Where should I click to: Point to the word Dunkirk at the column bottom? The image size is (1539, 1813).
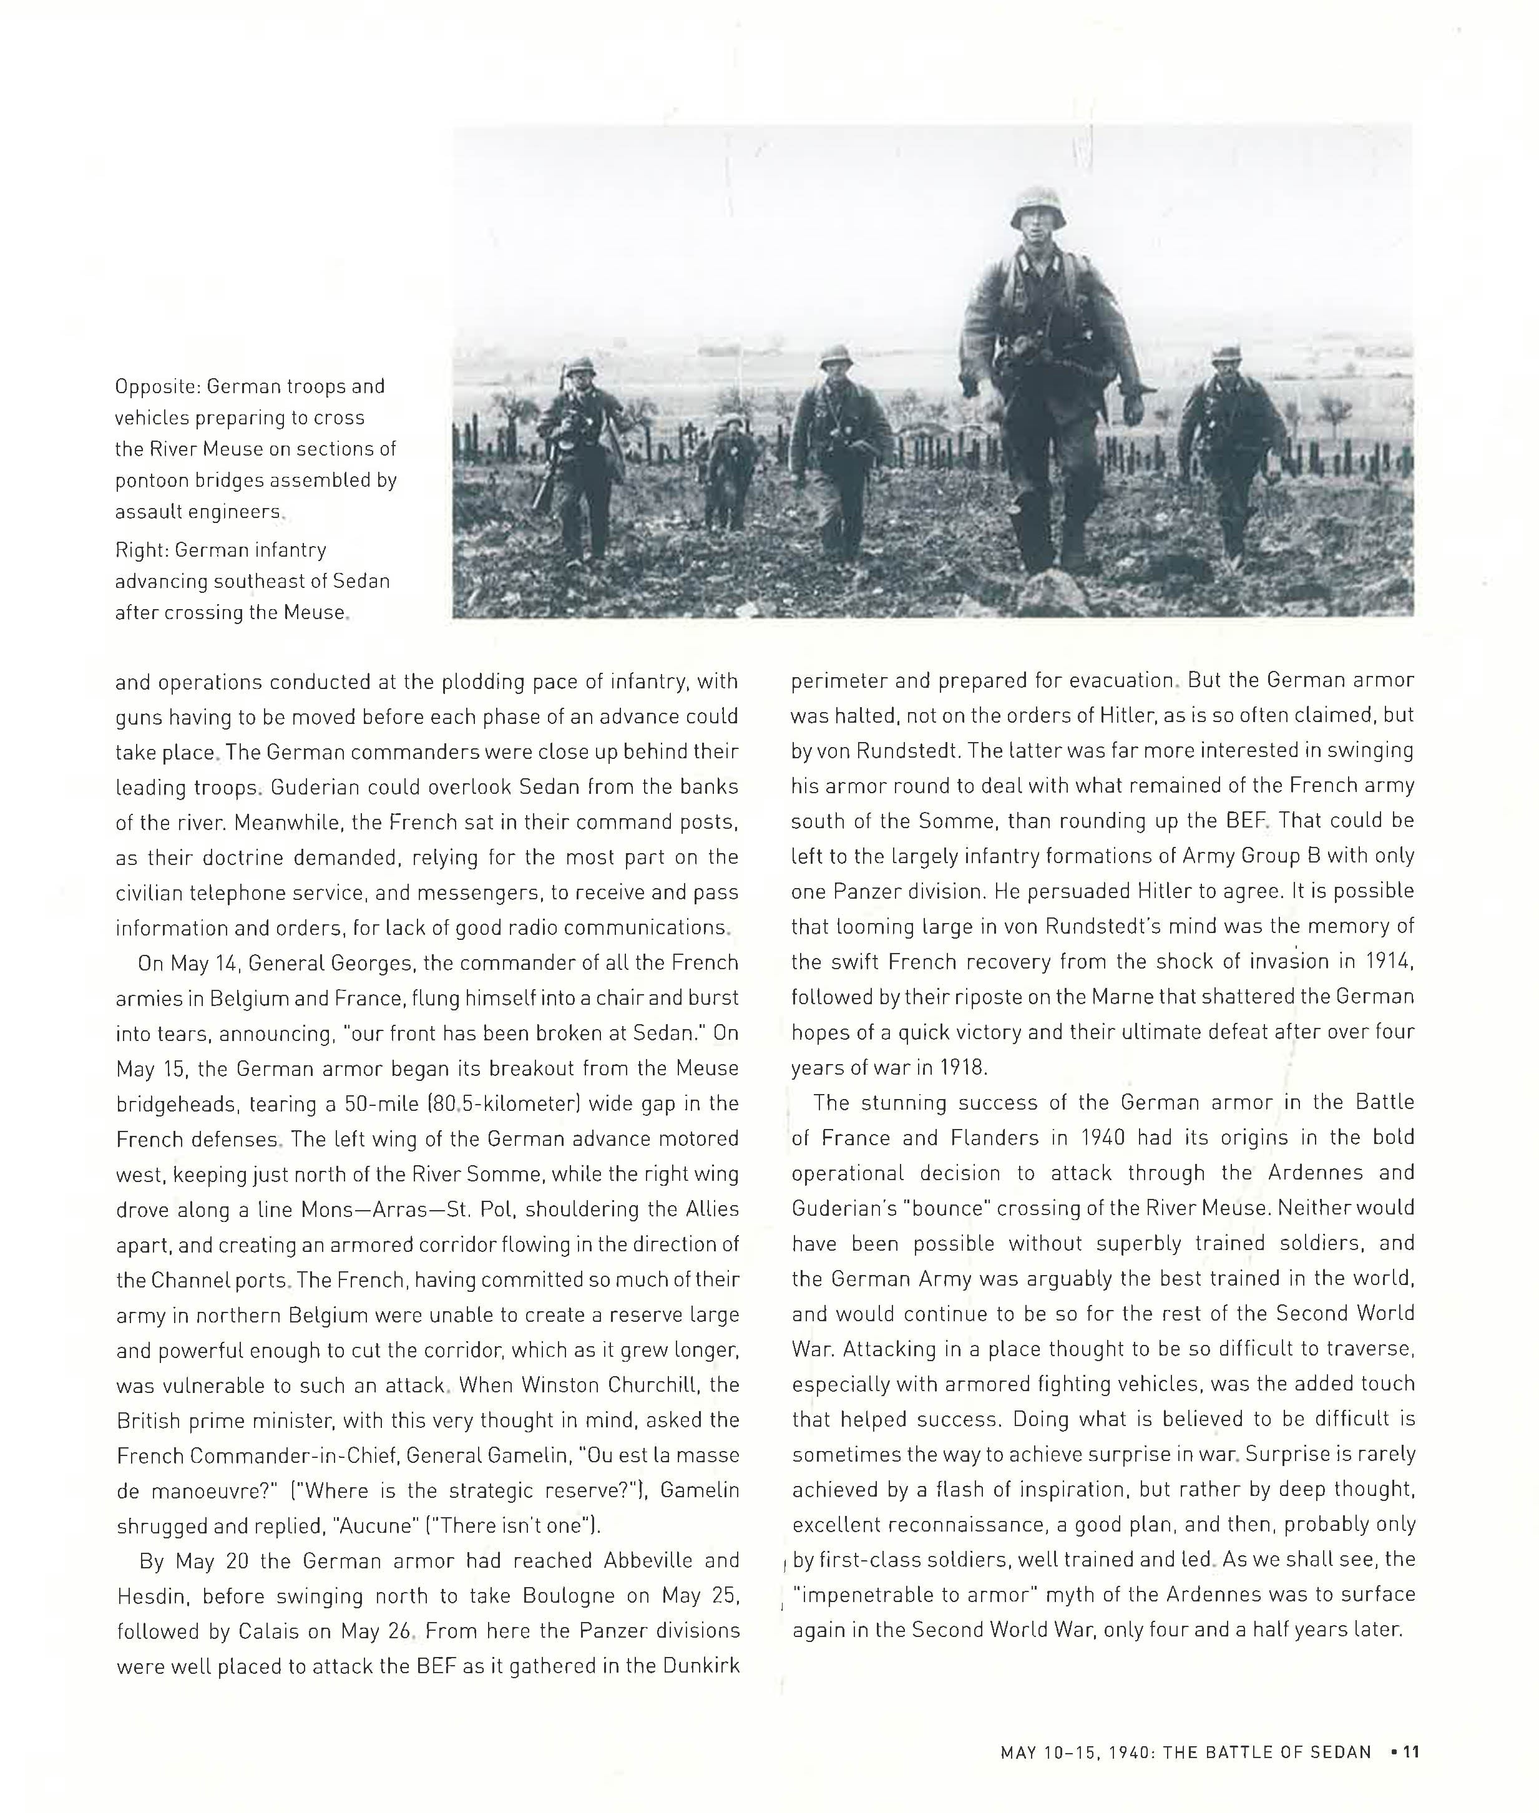(x=701, y=1666)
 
